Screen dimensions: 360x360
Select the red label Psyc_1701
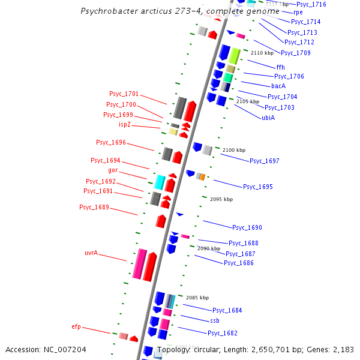[x=124, y=94]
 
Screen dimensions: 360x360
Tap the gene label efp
[x=76, y=326]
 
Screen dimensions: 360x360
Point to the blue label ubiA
[x=268, y=118]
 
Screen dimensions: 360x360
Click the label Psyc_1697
[x=265, y=161]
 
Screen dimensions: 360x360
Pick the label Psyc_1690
[x=247, y=227]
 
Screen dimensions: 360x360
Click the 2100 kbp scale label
[x=234, y=149]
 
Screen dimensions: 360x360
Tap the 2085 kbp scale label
[x=197, y=297]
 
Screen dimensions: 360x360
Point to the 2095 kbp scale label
[x=221, y=199]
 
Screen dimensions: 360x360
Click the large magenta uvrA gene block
[x=140, y=264]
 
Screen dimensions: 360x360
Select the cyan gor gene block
[x=160, y=182]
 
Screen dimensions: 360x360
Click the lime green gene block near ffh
[x=234, y=56]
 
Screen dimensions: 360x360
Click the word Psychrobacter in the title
[x=110, y=11]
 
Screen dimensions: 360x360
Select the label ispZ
[x=125, y=125]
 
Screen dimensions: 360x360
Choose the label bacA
[x=278, y=86]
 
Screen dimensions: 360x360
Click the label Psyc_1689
[x=94, y=207]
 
